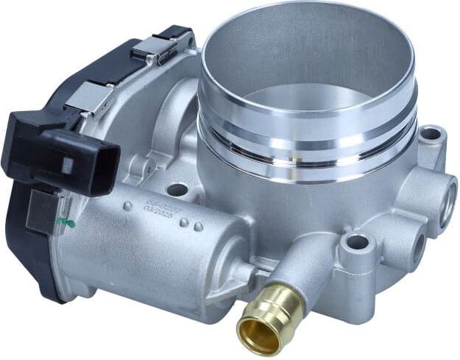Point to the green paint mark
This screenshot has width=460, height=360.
click(70, 221)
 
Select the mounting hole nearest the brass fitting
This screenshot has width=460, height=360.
click(356, 242)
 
